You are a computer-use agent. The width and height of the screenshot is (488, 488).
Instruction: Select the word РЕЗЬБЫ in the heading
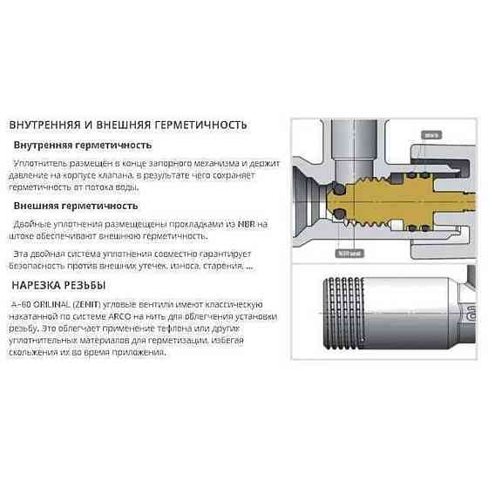pyautogui.click(x=85, y=285)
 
